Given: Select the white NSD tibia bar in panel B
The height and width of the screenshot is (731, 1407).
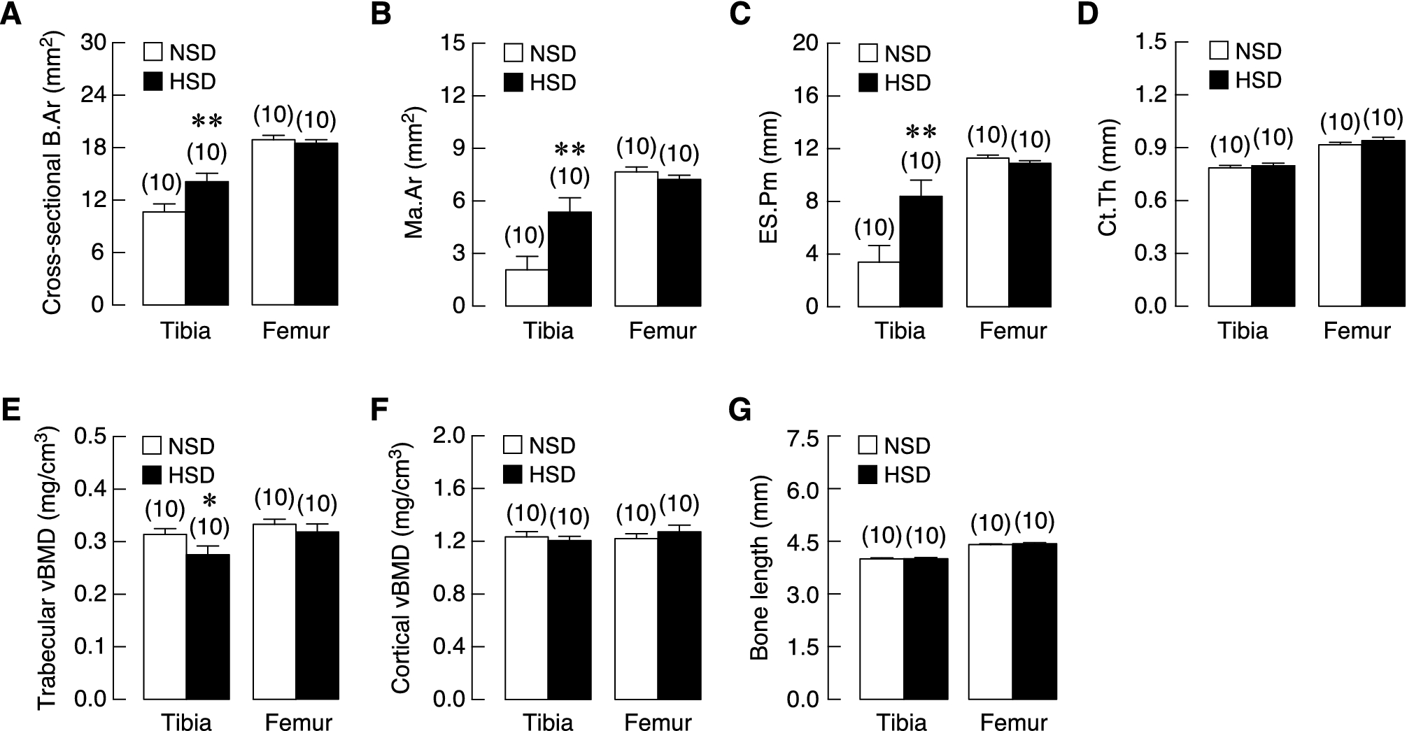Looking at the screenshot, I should point(526,288).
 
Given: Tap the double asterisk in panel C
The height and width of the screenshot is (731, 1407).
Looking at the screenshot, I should point(921,132).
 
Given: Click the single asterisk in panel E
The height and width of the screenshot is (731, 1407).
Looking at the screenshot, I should point(208,502).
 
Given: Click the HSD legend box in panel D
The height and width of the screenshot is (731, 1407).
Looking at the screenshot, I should point(1219,80).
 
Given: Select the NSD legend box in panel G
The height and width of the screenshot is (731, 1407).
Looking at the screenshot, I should point(868,446).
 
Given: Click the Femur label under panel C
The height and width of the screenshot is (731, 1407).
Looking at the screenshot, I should point(1012,331).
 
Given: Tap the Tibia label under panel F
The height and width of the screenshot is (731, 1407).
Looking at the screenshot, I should point(548,722).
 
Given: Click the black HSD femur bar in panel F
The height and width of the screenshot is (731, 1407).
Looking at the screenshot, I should point(679,616).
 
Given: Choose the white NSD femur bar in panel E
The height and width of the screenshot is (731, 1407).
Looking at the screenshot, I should point(274,611).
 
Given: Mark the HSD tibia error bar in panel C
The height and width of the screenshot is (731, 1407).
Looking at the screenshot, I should point(921,187).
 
